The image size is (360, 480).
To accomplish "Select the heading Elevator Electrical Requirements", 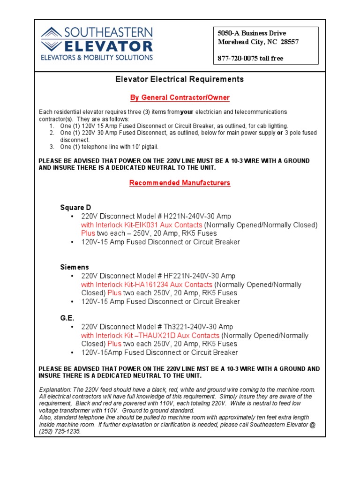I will click(x=180, y=79).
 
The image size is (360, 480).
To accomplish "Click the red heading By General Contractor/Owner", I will click(x=180, y=97).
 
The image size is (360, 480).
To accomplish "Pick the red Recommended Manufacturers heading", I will click(x=180, y=183).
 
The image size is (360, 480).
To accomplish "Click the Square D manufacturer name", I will click(x=75, y=208).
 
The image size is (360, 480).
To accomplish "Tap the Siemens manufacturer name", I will click(x=74, y=267).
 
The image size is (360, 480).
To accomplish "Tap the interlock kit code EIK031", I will click(x=145, y=225).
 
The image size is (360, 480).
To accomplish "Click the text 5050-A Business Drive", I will click(x=252, y=33).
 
